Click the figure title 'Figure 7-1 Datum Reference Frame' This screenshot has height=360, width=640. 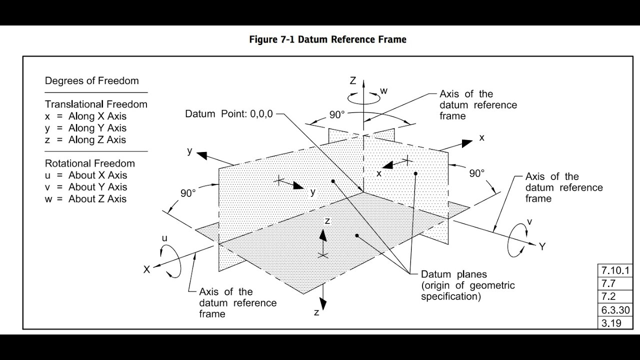point(327,39)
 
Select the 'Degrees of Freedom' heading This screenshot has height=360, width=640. point(91,81)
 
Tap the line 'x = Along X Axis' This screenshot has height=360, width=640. point(85,116)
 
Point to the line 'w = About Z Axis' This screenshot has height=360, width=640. point(85,199)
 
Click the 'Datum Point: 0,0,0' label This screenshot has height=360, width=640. point(229,114)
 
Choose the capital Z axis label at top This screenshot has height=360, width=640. point(353,81)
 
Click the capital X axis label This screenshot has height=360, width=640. point(146,269)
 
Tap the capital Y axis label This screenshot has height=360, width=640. point(542,246)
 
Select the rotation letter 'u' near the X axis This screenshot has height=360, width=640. point(164,238)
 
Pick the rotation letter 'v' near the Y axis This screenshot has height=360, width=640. point(529,221)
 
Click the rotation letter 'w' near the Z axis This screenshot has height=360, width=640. point(384,91)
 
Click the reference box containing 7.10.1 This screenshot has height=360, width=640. point(615,270)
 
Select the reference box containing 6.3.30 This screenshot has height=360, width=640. point(615,310)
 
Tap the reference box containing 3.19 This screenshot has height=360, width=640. point(615,323)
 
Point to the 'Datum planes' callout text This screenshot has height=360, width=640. point(454,274)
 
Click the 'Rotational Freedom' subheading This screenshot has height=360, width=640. point(90,163)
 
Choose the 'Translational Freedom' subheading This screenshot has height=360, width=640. point(96,104)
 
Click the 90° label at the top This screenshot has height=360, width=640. point(337,115)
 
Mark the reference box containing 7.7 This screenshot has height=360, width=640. point(615,283)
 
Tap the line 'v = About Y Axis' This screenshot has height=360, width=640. point(85,187)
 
